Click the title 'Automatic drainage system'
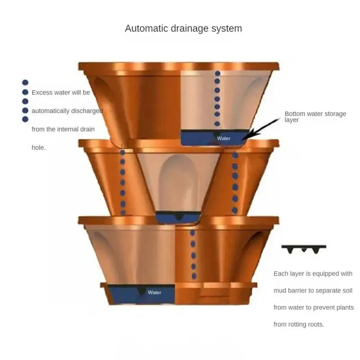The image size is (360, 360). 183,28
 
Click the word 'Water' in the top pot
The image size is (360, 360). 224,138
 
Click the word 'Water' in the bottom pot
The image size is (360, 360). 154,292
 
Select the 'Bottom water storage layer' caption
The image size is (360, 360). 315,117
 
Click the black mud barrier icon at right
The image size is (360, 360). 304,249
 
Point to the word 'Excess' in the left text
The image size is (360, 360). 41,93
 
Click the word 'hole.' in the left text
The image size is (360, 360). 39,147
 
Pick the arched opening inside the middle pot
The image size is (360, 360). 178,180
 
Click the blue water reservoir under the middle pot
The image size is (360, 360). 179,218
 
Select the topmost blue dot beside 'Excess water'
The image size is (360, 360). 25,82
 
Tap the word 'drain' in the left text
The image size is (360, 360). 86,129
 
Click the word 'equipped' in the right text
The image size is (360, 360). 322,273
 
